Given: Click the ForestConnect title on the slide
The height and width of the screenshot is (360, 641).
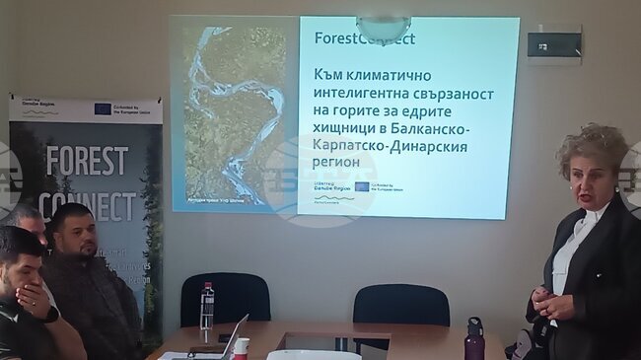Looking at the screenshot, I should point(364,39).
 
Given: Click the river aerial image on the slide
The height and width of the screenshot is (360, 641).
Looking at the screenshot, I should point(233,113).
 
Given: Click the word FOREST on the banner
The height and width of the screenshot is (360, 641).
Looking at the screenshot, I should point(87,161).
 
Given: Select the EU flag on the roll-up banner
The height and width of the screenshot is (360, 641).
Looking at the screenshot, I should point(102,109).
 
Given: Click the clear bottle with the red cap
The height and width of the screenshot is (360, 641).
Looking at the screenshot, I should point(207,310).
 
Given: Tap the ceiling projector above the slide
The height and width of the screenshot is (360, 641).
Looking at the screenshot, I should point(383,27).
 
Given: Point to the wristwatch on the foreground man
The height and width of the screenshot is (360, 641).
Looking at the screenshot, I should point(51,315).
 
